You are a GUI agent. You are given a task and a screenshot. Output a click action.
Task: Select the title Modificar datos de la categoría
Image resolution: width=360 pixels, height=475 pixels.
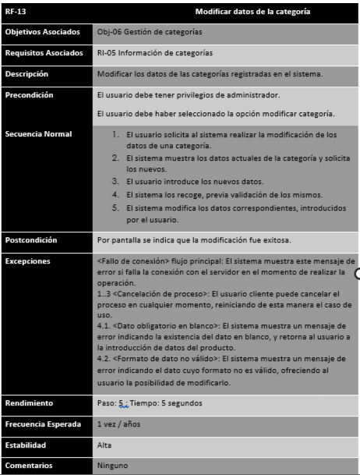click(252, 12)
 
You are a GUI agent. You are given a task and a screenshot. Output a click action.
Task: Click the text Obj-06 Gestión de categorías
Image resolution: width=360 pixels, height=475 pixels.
click(150, 32)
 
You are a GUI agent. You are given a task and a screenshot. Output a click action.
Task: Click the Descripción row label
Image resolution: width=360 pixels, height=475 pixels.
click(26, 74)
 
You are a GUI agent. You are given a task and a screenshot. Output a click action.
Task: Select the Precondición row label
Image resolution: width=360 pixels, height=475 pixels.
click(29, 95)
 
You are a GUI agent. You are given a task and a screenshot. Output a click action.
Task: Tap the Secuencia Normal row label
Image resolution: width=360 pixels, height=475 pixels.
click(38, 134)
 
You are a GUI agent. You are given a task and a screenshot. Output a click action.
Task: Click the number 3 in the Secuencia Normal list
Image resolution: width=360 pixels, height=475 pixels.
click(115, 180)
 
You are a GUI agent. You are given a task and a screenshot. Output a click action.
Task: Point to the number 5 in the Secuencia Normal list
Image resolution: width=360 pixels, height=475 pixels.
click(115, 207)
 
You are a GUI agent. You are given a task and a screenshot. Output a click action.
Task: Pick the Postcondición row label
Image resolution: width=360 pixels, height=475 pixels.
click(30, 239)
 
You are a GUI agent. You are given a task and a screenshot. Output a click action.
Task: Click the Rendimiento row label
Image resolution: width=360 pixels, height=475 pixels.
click(30, 403)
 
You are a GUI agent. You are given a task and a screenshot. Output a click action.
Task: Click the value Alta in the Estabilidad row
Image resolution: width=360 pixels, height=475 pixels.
click(105, 445)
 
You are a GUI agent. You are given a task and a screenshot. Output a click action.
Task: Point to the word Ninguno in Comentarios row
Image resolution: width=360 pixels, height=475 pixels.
click(113, 466)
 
